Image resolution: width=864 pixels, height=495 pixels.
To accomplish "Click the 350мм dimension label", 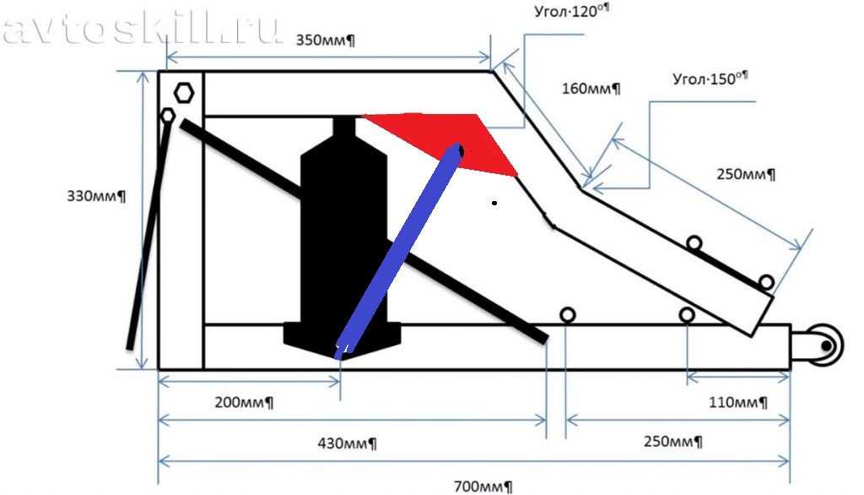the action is tap(325, 41).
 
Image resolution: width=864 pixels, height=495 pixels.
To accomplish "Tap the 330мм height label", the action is tap(96, 196).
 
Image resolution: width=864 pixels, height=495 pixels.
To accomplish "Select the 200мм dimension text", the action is tap(244, 402).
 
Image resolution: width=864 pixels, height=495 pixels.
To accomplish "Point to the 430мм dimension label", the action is tap(347, 443).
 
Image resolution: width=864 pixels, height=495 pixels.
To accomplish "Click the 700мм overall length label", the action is tap(483, 487).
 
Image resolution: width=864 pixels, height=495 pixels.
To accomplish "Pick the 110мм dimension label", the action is tap(737, 402).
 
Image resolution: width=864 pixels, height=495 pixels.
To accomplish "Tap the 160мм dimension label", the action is tap(591, 89).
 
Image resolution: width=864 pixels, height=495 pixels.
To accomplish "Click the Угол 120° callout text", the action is tap(571, 11).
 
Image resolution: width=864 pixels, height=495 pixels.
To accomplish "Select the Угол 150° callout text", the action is tap(710, 79).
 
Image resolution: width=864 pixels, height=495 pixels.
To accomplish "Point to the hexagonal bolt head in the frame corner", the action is tap(183, 93).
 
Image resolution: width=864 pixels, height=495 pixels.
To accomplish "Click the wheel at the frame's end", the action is tap(825, 345).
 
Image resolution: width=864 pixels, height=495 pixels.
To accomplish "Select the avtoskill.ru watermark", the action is tap(142, 30).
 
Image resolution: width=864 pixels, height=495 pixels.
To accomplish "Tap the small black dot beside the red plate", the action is tap(494, 203).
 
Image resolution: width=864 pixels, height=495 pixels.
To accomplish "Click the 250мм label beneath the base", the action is tap(672, 442).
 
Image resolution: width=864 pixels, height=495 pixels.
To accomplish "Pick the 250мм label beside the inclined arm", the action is tap(746, 174).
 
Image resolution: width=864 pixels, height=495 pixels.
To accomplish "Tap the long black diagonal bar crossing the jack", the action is tap(364, 231).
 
